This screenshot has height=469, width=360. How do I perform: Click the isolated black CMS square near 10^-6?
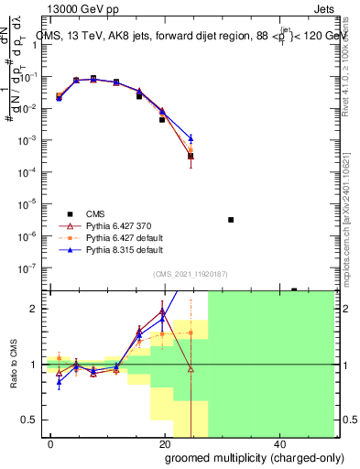(x=231, y=220)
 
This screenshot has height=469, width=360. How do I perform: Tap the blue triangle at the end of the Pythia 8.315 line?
(x=191, y=138)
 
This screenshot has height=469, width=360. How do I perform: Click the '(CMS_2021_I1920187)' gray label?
(x=189, y=273)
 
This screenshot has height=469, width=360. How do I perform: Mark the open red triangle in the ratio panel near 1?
(x=191, y=368)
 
